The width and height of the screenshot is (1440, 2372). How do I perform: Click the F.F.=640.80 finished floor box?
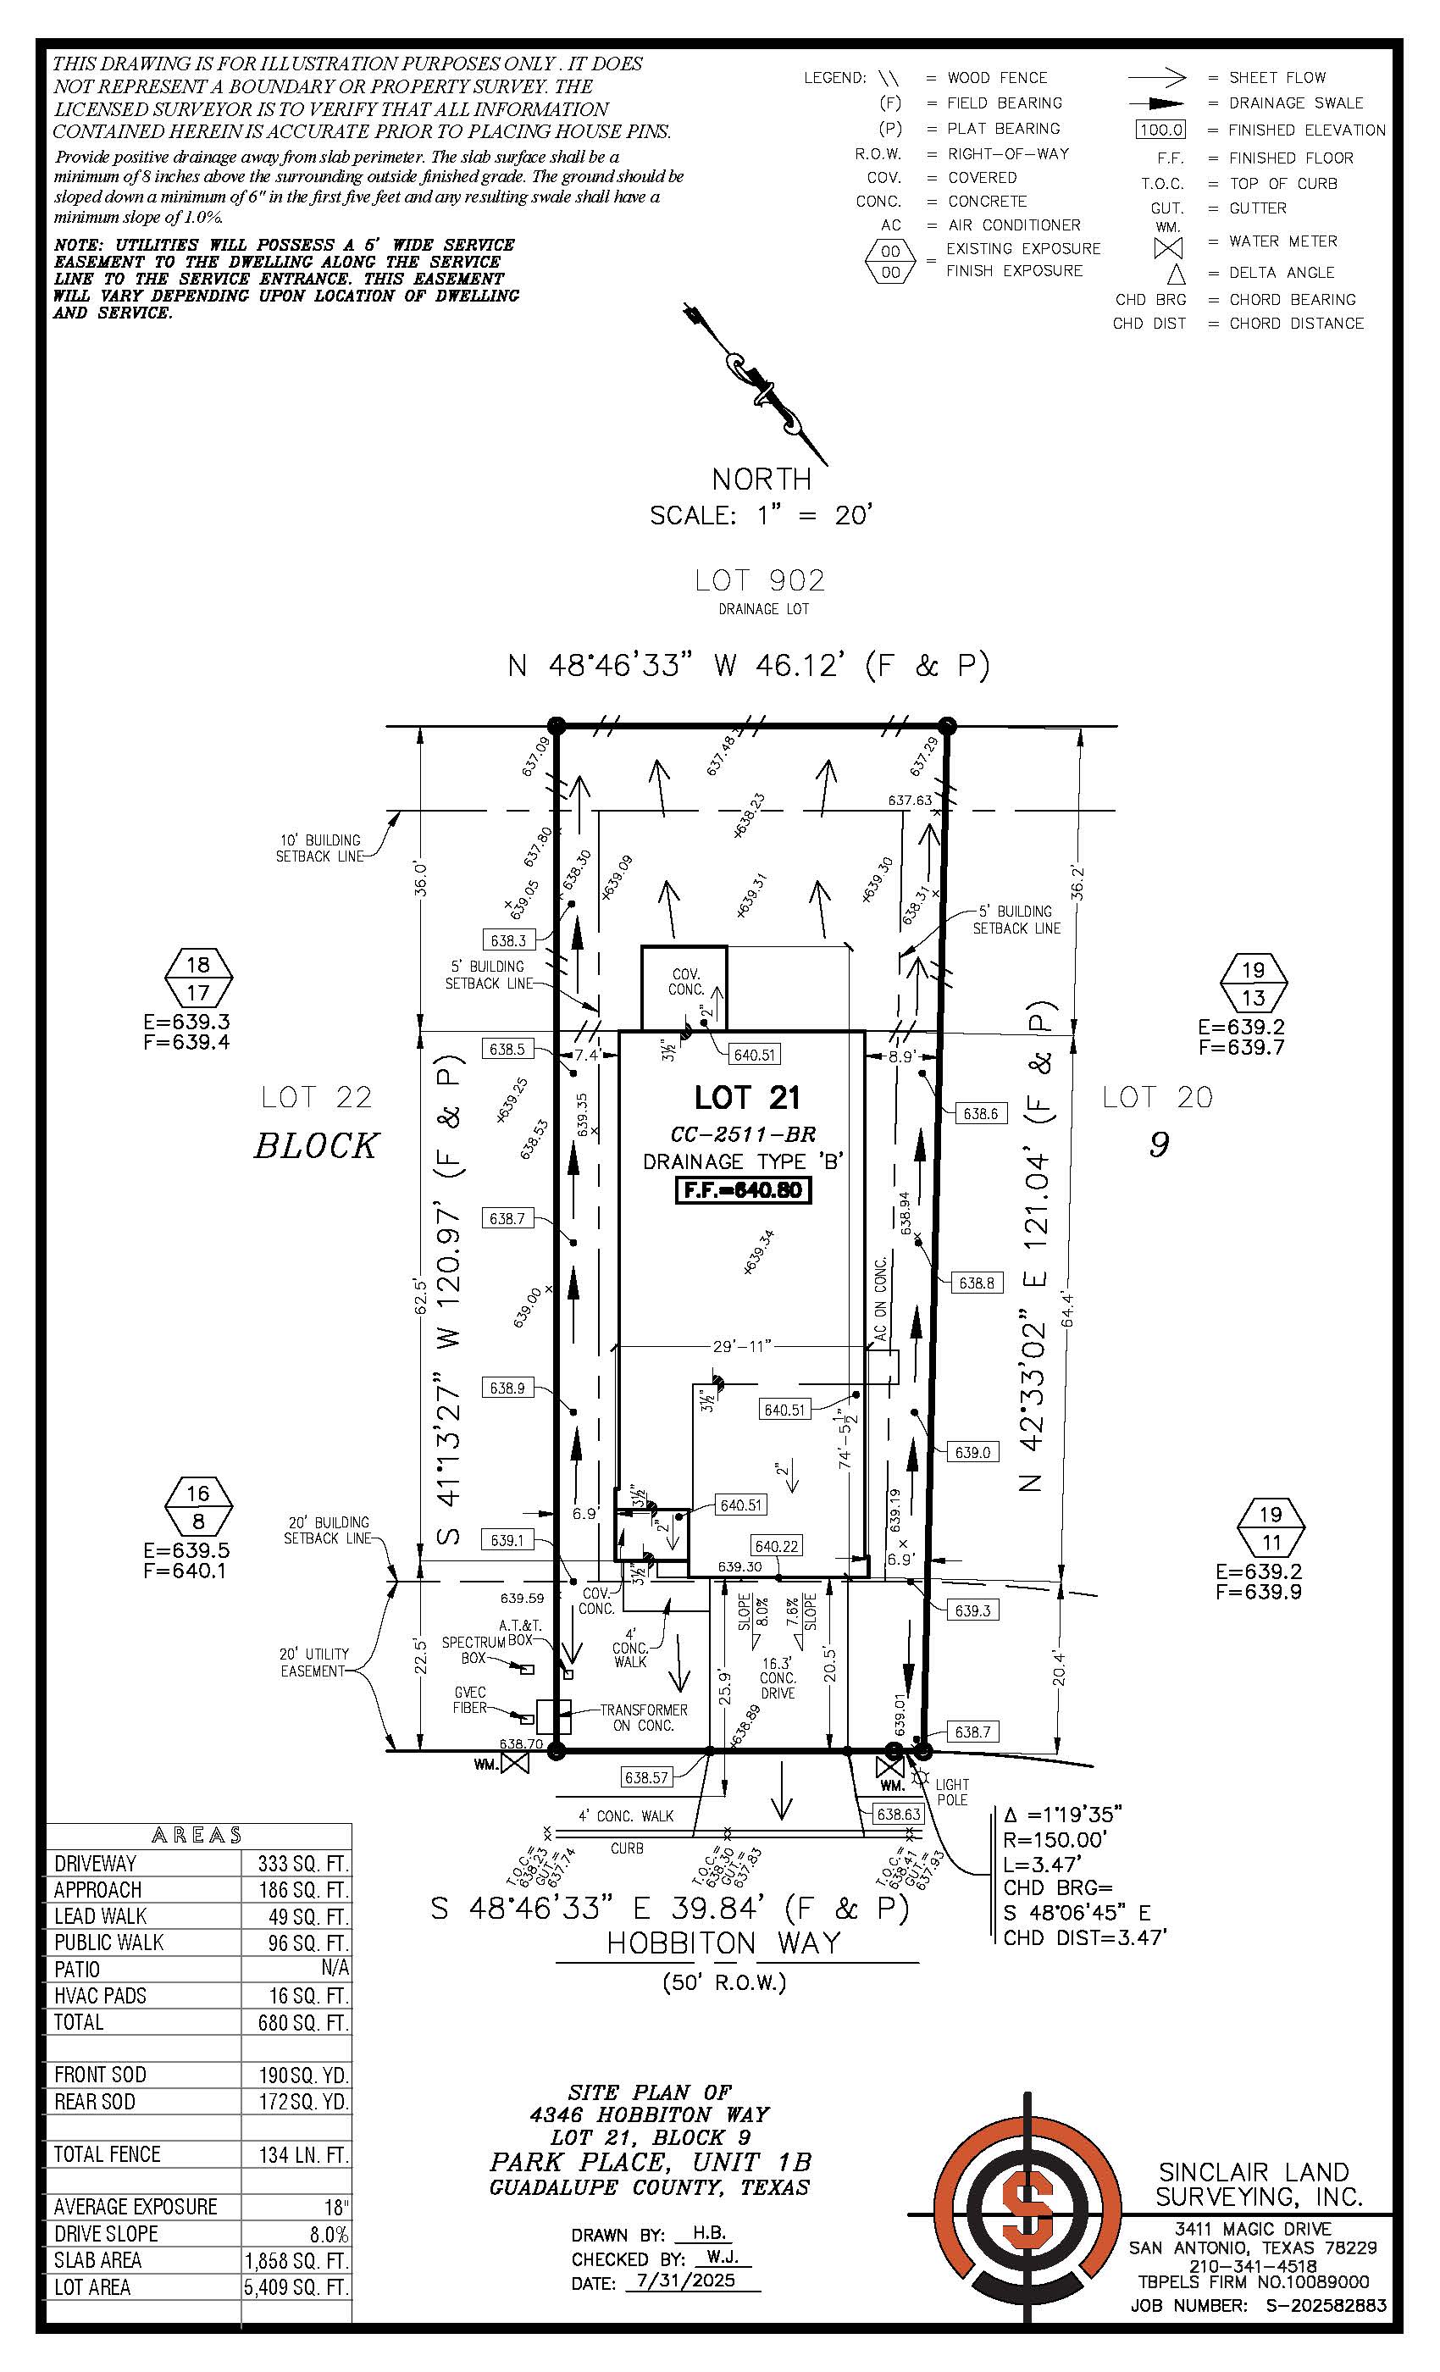[x=742, y=1190]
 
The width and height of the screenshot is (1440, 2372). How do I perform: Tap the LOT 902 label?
[x=760, y=580]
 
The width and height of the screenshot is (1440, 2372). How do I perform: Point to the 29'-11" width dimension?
[x=742, y=1346]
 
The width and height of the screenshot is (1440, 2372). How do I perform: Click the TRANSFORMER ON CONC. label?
[x=644, y=1717]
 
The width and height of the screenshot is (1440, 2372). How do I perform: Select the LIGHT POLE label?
[x=952, y=1792]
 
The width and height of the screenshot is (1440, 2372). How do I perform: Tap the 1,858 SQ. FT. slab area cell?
[x=296, y=2260]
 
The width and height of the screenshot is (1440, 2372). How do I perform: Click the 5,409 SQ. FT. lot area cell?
[x=296, y=2287]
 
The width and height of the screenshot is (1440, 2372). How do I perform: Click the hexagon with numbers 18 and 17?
[x=197, y=977]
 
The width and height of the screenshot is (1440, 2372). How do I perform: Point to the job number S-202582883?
[x=1326, y=2306]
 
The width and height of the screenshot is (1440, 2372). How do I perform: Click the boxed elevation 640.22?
[x=777, y=1546]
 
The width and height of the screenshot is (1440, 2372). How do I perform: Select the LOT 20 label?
[x=1157, y=1096]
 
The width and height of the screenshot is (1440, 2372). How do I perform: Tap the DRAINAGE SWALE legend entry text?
[x=1296, y=103]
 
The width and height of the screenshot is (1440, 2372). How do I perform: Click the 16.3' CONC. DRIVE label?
[x=777, y=1678]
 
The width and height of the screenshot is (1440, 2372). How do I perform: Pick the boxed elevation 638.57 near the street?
[x=645, y=1777]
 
